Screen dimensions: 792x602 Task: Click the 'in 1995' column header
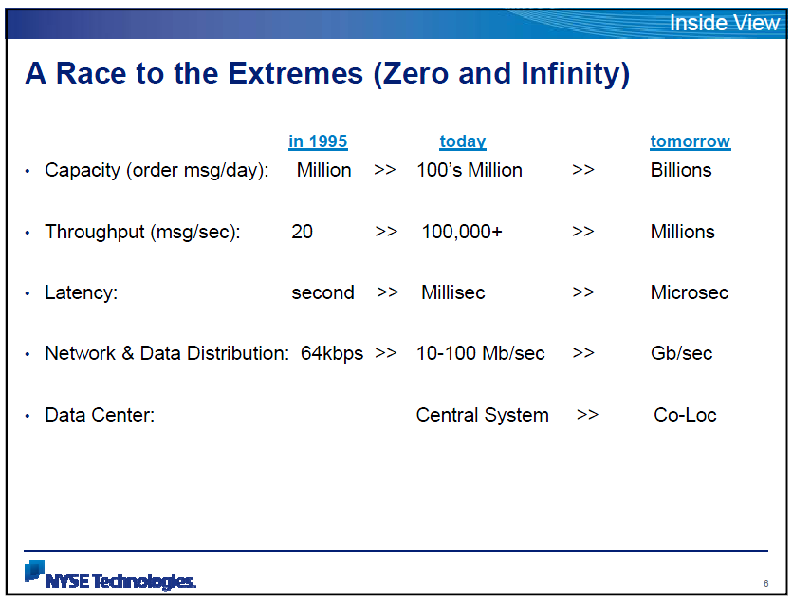tap(318, 141)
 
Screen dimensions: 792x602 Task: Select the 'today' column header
tap(463, 141)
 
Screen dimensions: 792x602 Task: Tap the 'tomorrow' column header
tap(690, 141)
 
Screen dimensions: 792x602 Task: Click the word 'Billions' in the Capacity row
tap(681, 170)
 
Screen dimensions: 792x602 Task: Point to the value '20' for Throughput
tap(302, 232)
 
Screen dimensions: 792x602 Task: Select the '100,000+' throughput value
tap(462, 232)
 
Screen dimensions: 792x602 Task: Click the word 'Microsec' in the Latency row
tap(690, 292)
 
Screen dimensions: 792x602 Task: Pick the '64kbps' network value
tap(332, 354)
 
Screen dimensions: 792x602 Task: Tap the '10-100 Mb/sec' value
tap(480, 353)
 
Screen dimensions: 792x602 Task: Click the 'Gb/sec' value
tap(681, 353)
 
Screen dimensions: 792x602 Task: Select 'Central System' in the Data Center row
tap(483, 416)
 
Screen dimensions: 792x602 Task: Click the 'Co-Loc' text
tap(685, 415)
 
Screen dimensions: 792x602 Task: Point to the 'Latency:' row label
tap(81, 293)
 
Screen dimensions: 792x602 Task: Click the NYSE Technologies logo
tap(110, 575)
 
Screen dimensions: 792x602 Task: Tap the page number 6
tap(766, 584)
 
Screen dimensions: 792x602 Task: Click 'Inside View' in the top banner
tap(725, 23)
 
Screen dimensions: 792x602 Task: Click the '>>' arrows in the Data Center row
tap(587, 416)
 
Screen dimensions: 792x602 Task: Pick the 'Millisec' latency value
tap(453, 292)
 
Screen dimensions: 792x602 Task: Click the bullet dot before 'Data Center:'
tap(28, 417)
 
